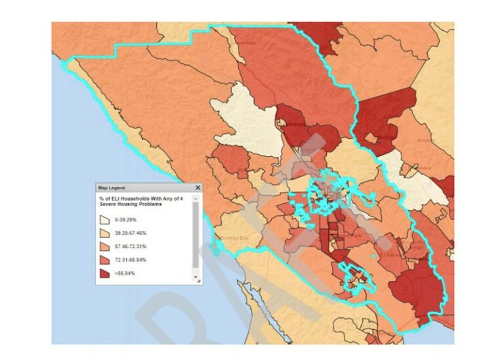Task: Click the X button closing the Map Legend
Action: [198, 188]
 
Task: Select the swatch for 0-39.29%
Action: [104, 221]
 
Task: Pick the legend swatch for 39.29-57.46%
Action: [104, 234]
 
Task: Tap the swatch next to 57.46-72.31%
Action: [104, 247]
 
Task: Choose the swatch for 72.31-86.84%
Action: [104, 260]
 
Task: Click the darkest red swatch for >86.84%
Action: [104, 273]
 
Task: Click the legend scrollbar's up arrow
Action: [196, 198]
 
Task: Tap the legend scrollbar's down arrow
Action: [196, 278]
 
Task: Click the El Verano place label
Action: [392, 255]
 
